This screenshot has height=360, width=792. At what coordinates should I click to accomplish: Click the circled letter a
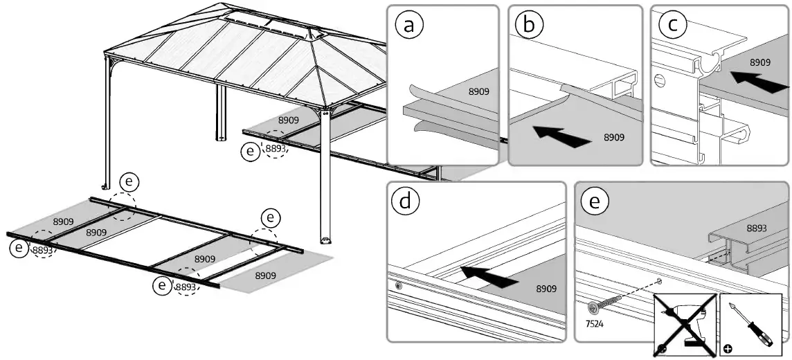tap(409, 25)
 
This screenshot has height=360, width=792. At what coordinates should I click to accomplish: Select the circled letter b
tap(530, 25)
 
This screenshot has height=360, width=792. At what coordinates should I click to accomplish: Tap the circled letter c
tap(672, 25)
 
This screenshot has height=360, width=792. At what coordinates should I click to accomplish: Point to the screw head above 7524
tap(594, 307)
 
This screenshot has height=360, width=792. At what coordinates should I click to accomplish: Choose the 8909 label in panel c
tap(760, 62)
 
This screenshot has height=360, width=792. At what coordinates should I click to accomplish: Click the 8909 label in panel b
tap(614, 137)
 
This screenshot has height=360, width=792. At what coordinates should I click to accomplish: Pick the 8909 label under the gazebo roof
tap(288, 120)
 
